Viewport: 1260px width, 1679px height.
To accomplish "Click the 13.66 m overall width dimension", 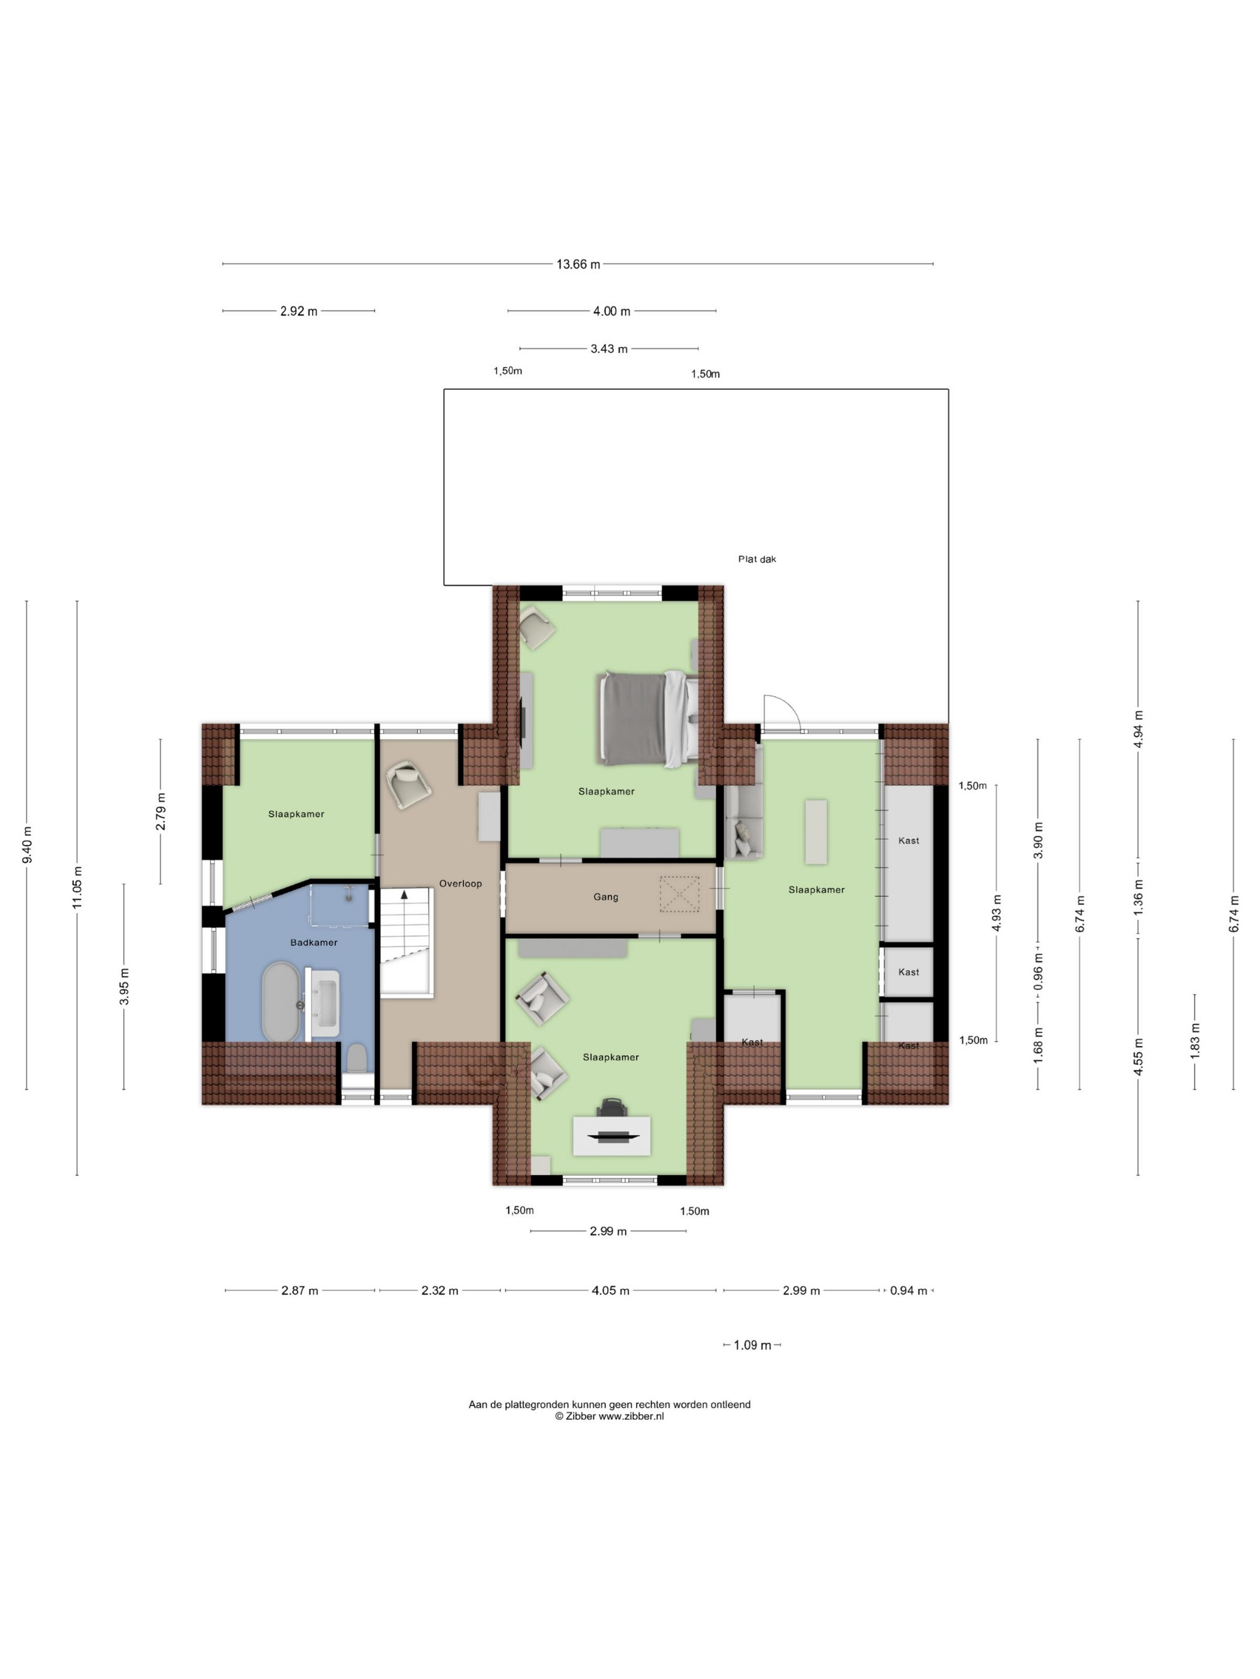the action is click(x=578, y=264).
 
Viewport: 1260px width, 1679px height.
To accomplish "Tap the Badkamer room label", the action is click(x=314, y=943).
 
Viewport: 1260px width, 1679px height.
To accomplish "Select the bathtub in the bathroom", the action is click(x=280, y=1002).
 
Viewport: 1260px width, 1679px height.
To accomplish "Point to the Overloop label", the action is click(x=460, y=883).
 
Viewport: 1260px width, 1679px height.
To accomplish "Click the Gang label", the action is click(x=605, y=897).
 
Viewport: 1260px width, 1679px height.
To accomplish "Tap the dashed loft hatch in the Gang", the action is click(x=679, y=893).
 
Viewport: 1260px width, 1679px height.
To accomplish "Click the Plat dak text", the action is click(x=757, y=559).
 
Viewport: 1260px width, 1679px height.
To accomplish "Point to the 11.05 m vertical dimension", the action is click(x=77, y=888).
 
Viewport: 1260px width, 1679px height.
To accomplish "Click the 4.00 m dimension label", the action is click(x=611, y=311).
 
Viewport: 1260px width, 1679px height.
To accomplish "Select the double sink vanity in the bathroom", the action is click(x=322, y=1003).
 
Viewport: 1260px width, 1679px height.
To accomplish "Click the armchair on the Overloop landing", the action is click(x=409, y=785).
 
